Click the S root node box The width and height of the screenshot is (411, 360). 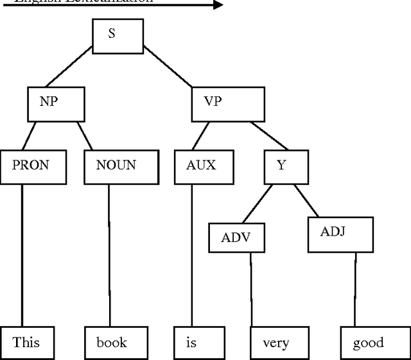coord(118,36)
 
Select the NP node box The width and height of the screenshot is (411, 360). coord(56,104)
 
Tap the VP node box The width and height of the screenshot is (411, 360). coord(228,104)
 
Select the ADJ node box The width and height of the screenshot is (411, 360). coord(340,234)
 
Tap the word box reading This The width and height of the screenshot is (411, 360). coord(26,343)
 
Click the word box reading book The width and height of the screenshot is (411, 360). coord(117,343)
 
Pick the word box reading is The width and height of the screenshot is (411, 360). coord(199,343)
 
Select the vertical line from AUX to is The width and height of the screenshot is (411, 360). coord(192,257)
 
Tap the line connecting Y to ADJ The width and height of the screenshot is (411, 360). coord(306,200)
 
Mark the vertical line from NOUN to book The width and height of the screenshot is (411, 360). coord(109,257)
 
